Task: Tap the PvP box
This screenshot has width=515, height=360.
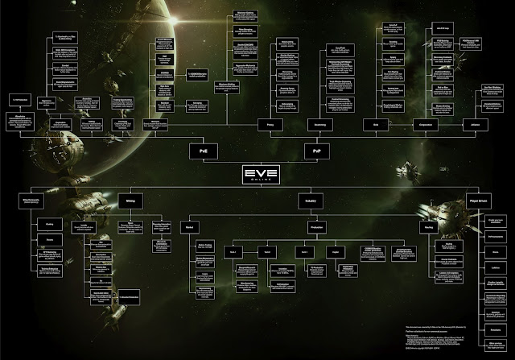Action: point(313,151)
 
